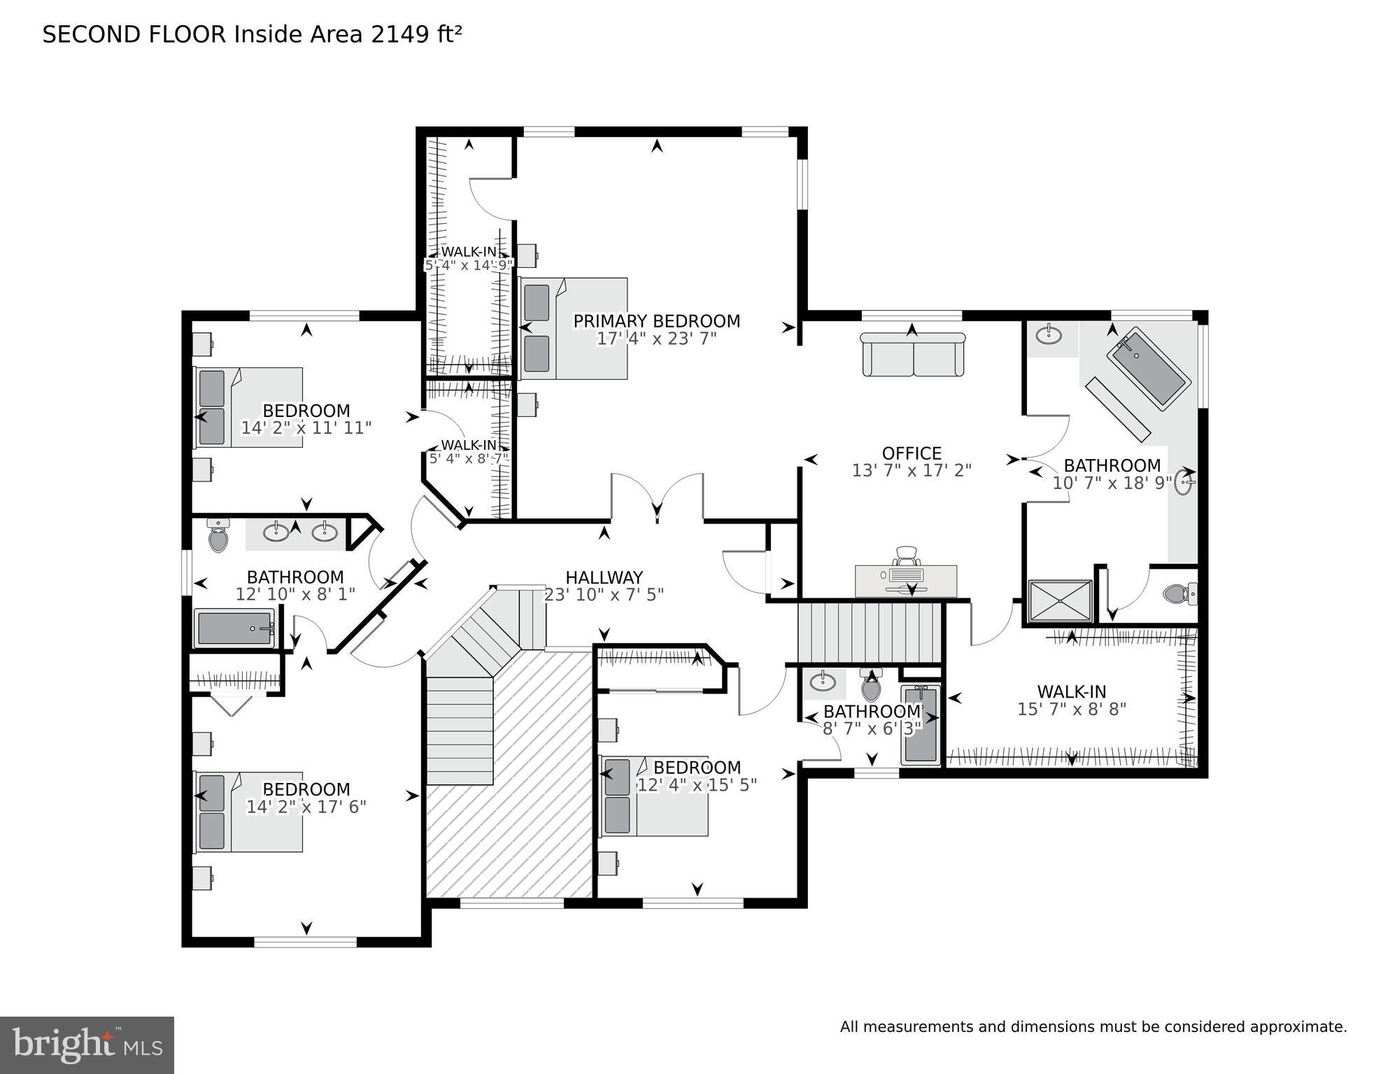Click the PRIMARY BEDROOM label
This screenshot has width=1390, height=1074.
pos(656,321)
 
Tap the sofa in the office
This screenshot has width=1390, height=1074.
pos(912,355)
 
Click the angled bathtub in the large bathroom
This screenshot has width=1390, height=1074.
pos(1147,368)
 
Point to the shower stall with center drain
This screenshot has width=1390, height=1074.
pos(1060,601)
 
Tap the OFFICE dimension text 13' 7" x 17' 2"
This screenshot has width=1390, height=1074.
pos(912,471)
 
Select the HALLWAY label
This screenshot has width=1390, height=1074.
pos(604,578)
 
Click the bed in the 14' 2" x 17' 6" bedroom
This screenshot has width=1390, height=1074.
pos(248,812)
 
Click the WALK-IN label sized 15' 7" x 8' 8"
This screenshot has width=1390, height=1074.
pos(1071,692)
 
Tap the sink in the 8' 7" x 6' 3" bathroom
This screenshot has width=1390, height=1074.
pos(823,681)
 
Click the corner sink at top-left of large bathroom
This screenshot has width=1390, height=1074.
pos(1048,335)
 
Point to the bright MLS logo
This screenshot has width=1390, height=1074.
pos(87,1045)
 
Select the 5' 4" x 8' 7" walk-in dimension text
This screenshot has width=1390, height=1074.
pos(469,459)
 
